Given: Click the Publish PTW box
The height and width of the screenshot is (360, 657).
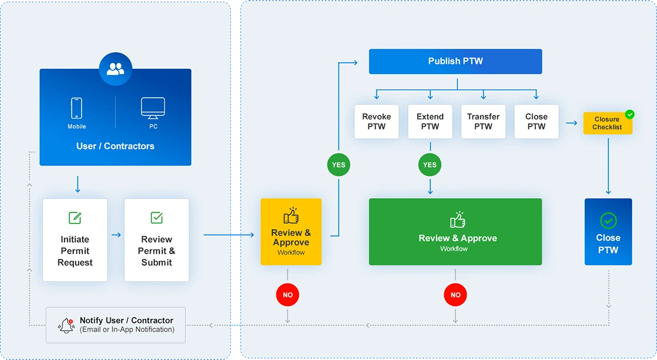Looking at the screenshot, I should (455, 61).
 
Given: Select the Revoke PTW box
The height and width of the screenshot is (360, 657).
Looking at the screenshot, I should (376, 122).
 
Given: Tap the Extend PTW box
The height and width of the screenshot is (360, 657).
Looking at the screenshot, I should (430, 122).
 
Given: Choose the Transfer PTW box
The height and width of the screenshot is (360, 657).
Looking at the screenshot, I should (483, 122).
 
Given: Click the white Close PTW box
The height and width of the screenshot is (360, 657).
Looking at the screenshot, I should (536, 122).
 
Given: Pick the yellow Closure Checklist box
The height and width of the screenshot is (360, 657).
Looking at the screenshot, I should (607, 123).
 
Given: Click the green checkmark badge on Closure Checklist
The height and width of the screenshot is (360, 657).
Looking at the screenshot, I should (629, 114).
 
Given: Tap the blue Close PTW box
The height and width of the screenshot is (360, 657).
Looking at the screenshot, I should (608, 232).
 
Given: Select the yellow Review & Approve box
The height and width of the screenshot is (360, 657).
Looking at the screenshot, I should (291, 232).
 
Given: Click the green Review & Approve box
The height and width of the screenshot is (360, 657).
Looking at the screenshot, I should (455, 232).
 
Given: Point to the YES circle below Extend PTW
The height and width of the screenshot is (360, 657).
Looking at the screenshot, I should (430, 165).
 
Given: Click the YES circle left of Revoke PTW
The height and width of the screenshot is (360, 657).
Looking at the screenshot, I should (339, 165).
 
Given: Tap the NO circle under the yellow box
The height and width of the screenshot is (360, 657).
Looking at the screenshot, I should (287, 295).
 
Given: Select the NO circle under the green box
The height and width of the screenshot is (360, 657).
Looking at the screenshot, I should (455, 295).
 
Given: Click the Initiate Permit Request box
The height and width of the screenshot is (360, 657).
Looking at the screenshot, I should (75, 240).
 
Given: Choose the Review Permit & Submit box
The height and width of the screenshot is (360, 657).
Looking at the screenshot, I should (157, 240).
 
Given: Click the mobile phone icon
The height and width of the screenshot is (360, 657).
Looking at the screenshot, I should (76, 108).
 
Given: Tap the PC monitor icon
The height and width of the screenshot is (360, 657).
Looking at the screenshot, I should (153, 107).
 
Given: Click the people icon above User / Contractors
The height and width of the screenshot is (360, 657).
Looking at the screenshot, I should (115, 69).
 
